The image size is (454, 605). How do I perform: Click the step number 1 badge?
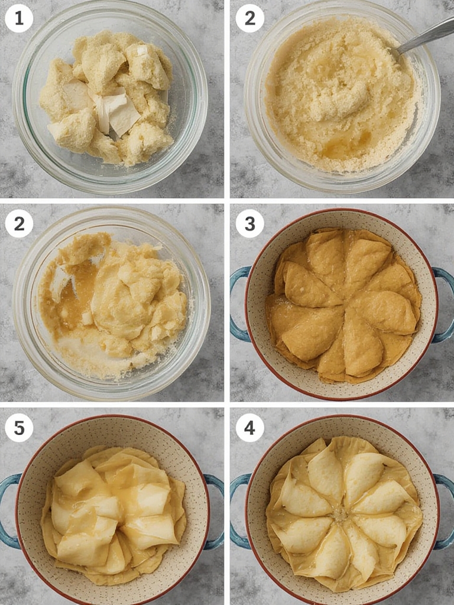19,18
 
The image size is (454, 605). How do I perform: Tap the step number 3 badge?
249,224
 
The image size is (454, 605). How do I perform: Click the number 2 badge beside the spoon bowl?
249,18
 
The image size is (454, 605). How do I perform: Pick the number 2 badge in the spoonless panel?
19,224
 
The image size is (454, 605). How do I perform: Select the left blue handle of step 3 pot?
238,304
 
